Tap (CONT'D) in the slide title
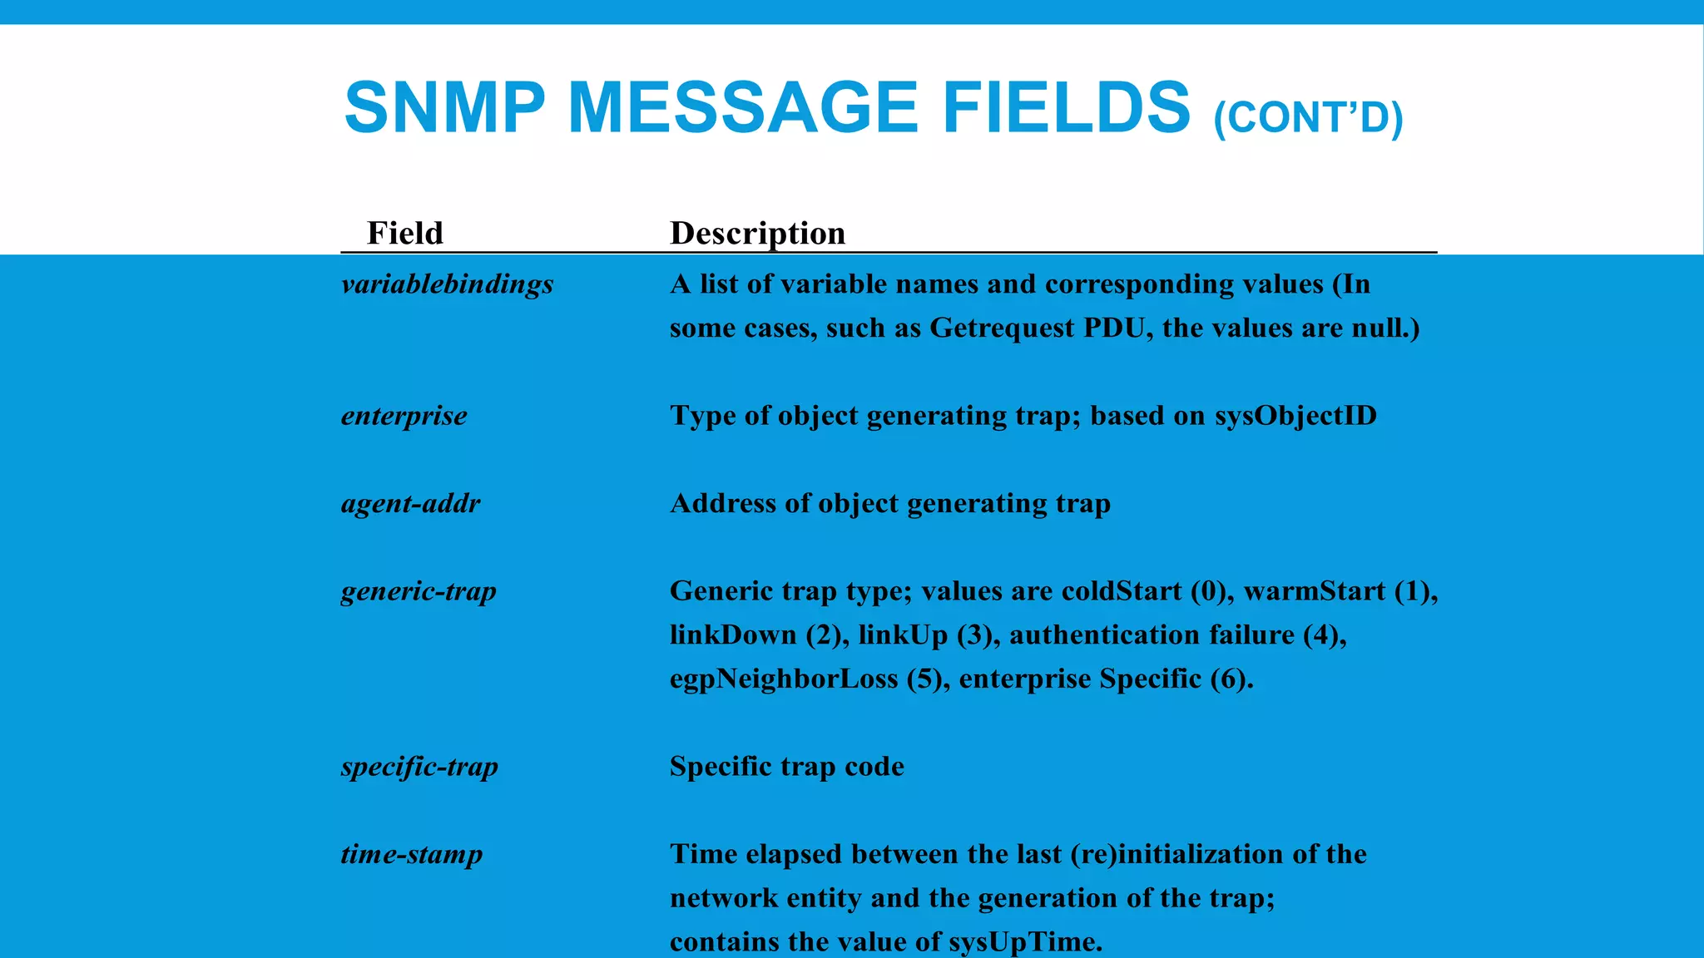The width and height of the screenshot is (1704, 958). (x=1308, y=117)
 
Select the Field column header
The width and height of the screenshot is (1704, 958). (x=405, y=233)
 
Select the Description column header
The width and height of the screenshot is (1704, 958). (x=757, y=233)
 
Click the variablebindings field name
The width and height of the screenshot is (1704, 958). (x=447, y=284)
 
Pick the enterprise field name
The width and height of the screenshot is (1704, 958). (x=404, y=416)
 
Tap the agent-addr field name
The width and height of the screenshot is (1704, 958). (x=410, y=503)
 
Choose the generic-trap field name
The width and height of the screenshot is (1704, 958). (x=419, y=591)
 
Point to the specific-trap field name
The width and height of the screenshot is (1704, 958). (x=419, y=766)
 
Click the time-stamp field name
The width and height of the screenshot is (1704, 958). (x=412, y=854)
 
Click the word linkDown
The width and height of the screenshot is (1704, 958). (x=733, y=635)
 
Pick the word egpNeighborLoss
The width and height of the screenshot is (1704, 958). (x=784, y=679)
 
